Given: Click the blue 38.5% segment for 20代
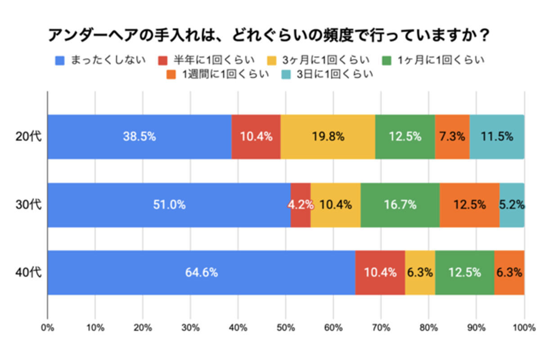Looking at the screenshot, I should coord(139,137).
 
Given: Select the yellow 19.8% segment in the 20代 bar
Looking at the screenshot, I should coord(328,137).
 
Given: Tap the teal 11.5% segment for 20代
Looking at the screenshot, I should coord(497,137).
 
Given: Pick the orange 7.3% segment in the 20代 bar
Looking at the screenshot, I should coord(452,137).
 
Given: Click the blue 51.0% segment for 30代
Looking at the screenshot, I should coord(169,205).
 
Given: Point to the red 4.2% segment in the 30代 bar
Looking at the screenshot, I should coord(301,205).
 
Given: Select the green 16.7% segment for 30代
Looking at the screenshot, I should coord(400,205).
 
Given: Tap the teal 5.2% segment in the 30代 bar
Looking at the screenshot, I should coord(512,205).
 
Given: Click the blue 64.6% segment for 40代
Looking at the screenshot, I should coord(201,273).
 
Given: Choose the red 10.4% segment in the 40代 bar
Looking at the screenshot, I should coord(380,273).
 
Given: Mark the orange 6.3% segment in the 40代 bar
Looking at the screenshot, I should coord(509,273).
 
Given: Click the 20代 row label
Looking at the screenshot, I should coord(28,137).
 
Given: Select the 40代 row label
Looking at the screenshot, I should coord(28,273).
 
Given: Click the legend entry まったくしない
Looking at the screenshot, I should coord(101,60).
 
